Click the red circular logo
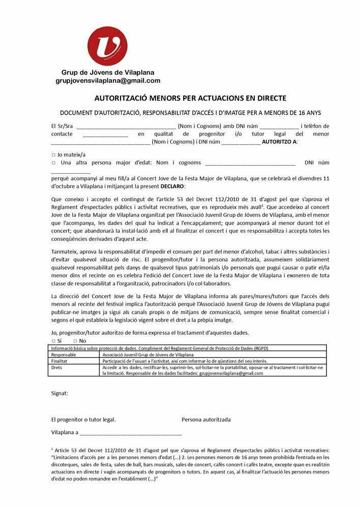click(x=107, y=46)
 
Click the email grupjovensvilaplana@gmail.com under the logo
click(x=108, y=81)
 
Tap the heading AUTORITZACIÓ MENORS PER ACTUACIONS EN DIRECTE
click(x=191, y=98)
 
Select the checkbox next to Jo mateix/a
click(x=53, y=155)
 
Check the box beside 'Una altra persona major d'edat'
click(x=53, y=163)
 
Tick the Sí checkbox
click(x=53, y=341)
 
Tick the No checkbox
click(x=75, y=341)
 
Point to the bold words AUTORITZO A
click(x=279, y=142)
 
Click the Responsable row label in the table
click(x=64, y=355)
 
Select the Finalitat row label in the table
click(x=61, y=361)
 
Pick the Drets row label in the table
click(x=57, y=367)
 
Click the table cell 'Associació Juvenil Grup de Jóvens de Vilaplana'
click(x=148, y=355)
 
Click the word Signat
click(x=59, y=393)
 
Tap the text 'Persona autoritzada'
click(x=206, y=420)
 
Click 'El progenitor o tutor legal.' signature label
click(x=83, y=420)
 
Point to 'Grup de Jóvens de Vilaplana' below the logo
click(x=108, y=73)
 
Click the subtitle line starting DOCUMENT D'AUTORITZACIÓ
click(x=191, y=112)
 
